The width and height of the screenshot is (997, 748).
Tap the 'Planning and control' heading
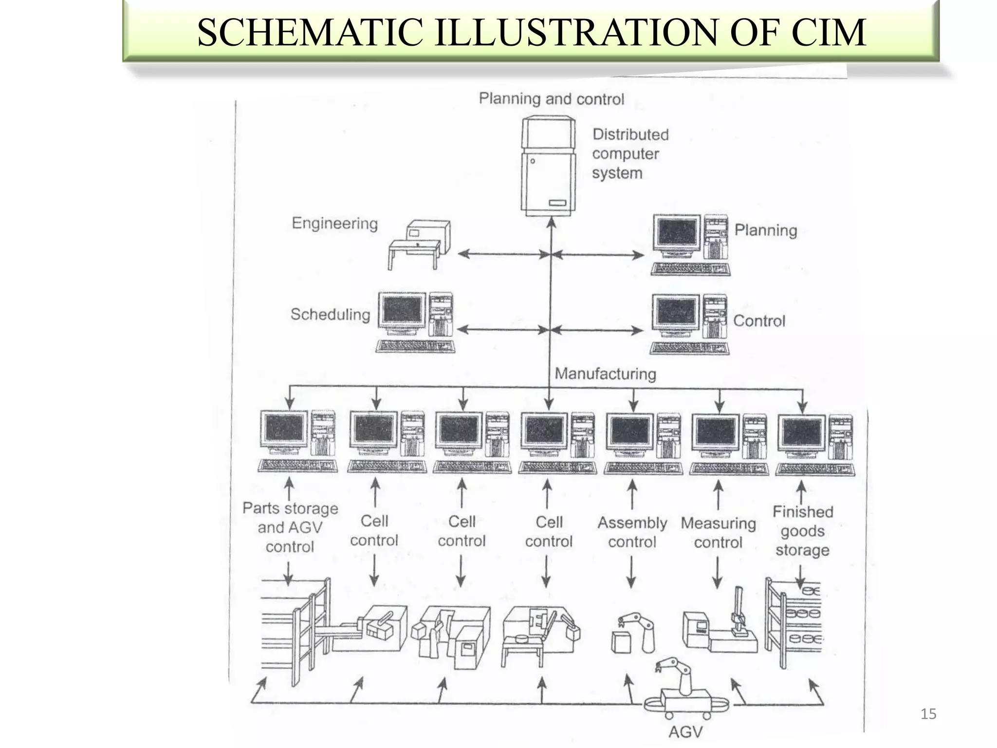point(551,99)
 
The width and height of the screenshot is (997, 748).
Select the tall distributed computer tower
point(549,166)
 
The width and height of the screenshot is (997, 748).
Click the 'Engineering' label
point(334,224)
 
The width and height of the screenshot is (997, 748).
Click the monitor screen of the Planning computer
point(677,233)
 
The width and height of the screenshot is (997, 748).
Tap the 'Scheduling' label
point(330,315)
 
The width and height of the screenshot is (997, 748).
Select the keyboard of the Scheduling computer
point(415,346)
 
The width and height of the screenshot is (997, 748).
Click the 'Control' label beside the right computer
point(759,321)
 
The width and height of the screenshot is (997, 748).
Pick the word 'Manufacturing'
point(605,374)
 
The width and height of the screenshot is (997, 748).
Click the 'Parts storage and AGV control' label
point(290,527)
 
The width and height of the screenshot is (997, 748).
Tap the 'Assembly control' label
point(632,532)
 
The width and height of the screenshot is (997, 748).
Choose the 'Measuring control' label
point(718,533)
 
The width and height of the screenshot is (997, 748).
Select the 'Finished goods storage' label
point(802,531)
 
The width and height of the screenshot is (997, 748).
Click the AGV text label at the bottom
point(685,732)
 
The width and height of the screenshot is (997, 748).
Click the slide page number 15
point(928,714)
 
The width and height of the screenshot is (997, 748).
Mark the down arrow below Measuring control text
point(717,573)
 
